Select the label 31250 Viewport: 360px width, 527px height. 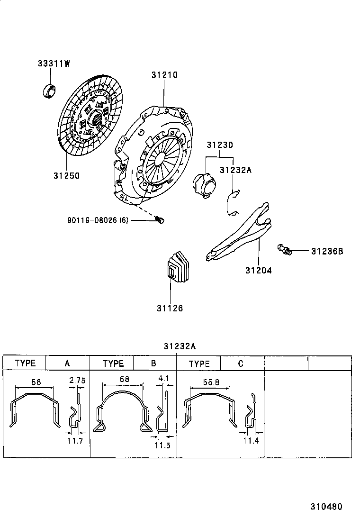coord(66,175)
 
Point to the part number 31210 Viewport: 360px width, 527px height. coord(164,75)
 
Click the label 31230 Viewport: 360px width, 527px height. coord(219,145)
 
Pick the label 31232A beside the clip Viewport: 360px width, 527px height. coord(235,170)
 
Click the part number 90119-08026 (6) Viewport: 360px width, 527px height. coord(98,220)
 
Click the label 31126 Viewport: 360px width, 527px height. coord(170,308)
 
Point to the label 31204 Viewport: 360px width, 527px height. coord(259,271)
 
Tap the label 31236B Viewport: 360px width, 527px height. coord(326,251)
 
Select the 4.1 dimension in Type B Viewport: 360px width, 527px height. coord(164,379)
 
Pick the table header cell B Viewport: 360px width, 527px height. coord(153,363)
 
